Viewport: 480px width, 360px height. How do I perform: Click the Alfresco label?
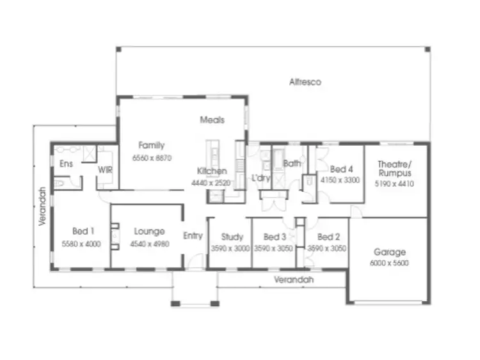point(305,82)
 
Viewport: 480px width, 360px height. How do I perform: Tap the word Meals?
point(212,120)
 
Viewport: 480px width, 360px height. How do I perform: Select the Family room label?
point(152,145)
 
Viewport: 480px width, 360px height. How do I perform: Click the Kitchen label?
point(212,171)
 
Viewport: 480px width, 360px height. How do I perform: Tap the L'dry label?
point(260,176)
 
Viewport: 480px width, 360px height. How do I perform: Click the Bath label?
point(292,164)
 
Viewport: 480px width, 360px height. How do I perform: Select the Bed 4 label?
point(341,169)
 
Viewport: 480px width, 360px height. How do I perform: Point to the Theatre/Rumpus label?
point(395,168)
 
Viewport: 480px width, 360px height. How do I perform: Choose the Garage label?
point(390,252)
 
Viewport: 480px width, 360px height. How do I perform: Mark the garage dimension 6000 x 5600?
point(390,263)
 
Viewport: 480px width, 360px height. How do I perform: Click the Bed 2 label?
point(328,237)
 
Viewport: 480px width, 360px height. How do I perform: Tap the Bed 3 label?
point(275,237)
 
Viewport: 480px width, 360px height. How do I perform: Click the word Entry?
point(193,235)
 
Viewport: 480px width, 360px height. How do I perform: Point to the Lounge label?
point(149,231)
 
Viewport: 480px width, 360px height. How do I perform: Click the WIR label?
point(105,169)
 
